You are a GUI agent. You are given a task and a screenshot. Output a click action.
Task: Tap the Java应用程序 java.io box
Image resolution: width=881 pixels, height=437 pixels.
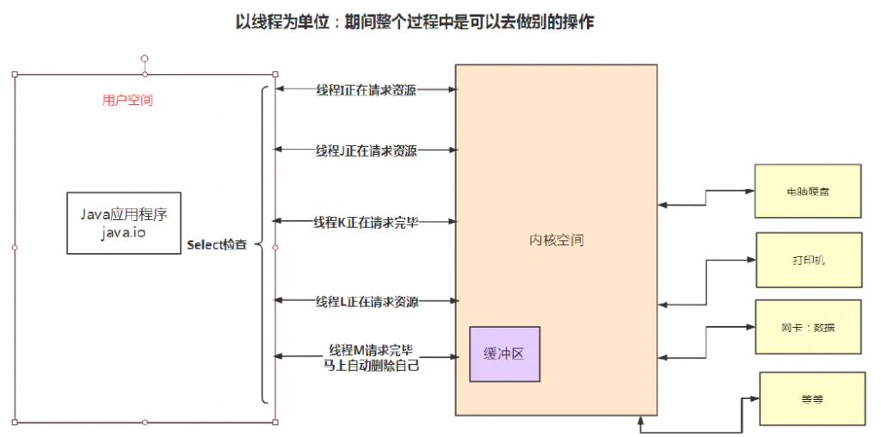pyautogui.click(x=124, y=223)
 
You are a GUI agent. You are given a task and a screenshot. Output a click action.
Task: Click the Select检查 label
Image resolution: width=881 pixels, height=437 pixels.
pyautogui.click(x=217, y=245)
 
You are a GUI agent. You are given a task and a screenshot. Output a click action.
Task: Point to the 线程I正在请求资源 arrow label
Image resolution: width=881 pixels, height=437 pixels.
pyautogui.click(x=366, y=89)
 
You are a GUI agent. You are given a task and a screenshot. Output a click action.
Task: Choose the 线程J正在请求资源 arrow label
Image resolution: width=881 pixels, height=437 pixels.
pyautogui.click(x=366, y=151)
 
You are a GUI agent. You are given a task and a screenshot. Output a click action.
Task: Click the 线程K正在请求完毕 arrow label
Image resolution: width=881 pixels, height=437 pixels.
pyautogui.click(x=366, y=222)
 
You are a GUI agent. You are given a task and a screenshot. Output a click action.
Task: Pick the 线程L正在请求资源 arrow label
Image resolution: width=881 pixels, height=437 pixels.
pyautogui.click(x=366, y=301)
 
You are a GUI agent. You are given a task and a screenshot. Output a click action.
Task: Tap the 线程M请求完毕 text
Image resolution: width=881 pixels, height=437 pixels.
pyautogui.click(x=371, y=350)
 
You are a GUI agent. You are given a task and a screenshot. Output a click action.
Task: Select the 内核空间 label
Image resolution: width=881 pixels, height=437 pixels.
pyautogui.click(x=556, y=240)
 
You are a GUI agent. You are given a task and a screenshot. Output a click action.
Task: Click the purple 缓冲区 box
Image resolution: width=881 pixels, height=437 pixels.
pyautogui.click(x=504, y=354)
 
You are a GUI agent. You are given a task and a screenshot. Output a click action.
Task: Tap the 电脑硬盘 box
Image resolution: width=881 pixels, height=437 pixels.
pyautogui.click(x=808, y=191)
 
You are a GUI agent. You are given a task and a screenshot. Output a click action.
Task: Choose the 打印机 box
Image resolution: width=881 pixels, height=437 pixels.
pyautogui.click(x=808, y=260)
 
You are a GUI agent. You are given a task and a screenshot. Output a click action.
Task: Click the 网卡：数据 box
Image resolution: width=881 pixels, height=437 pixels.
pyautogui.click(x=808, y=327)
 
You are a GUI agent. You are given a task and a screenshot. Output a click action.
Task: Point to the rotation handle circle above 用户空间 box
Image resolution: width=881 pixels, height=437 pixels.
pyautogui.click(x=145, y=58)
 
